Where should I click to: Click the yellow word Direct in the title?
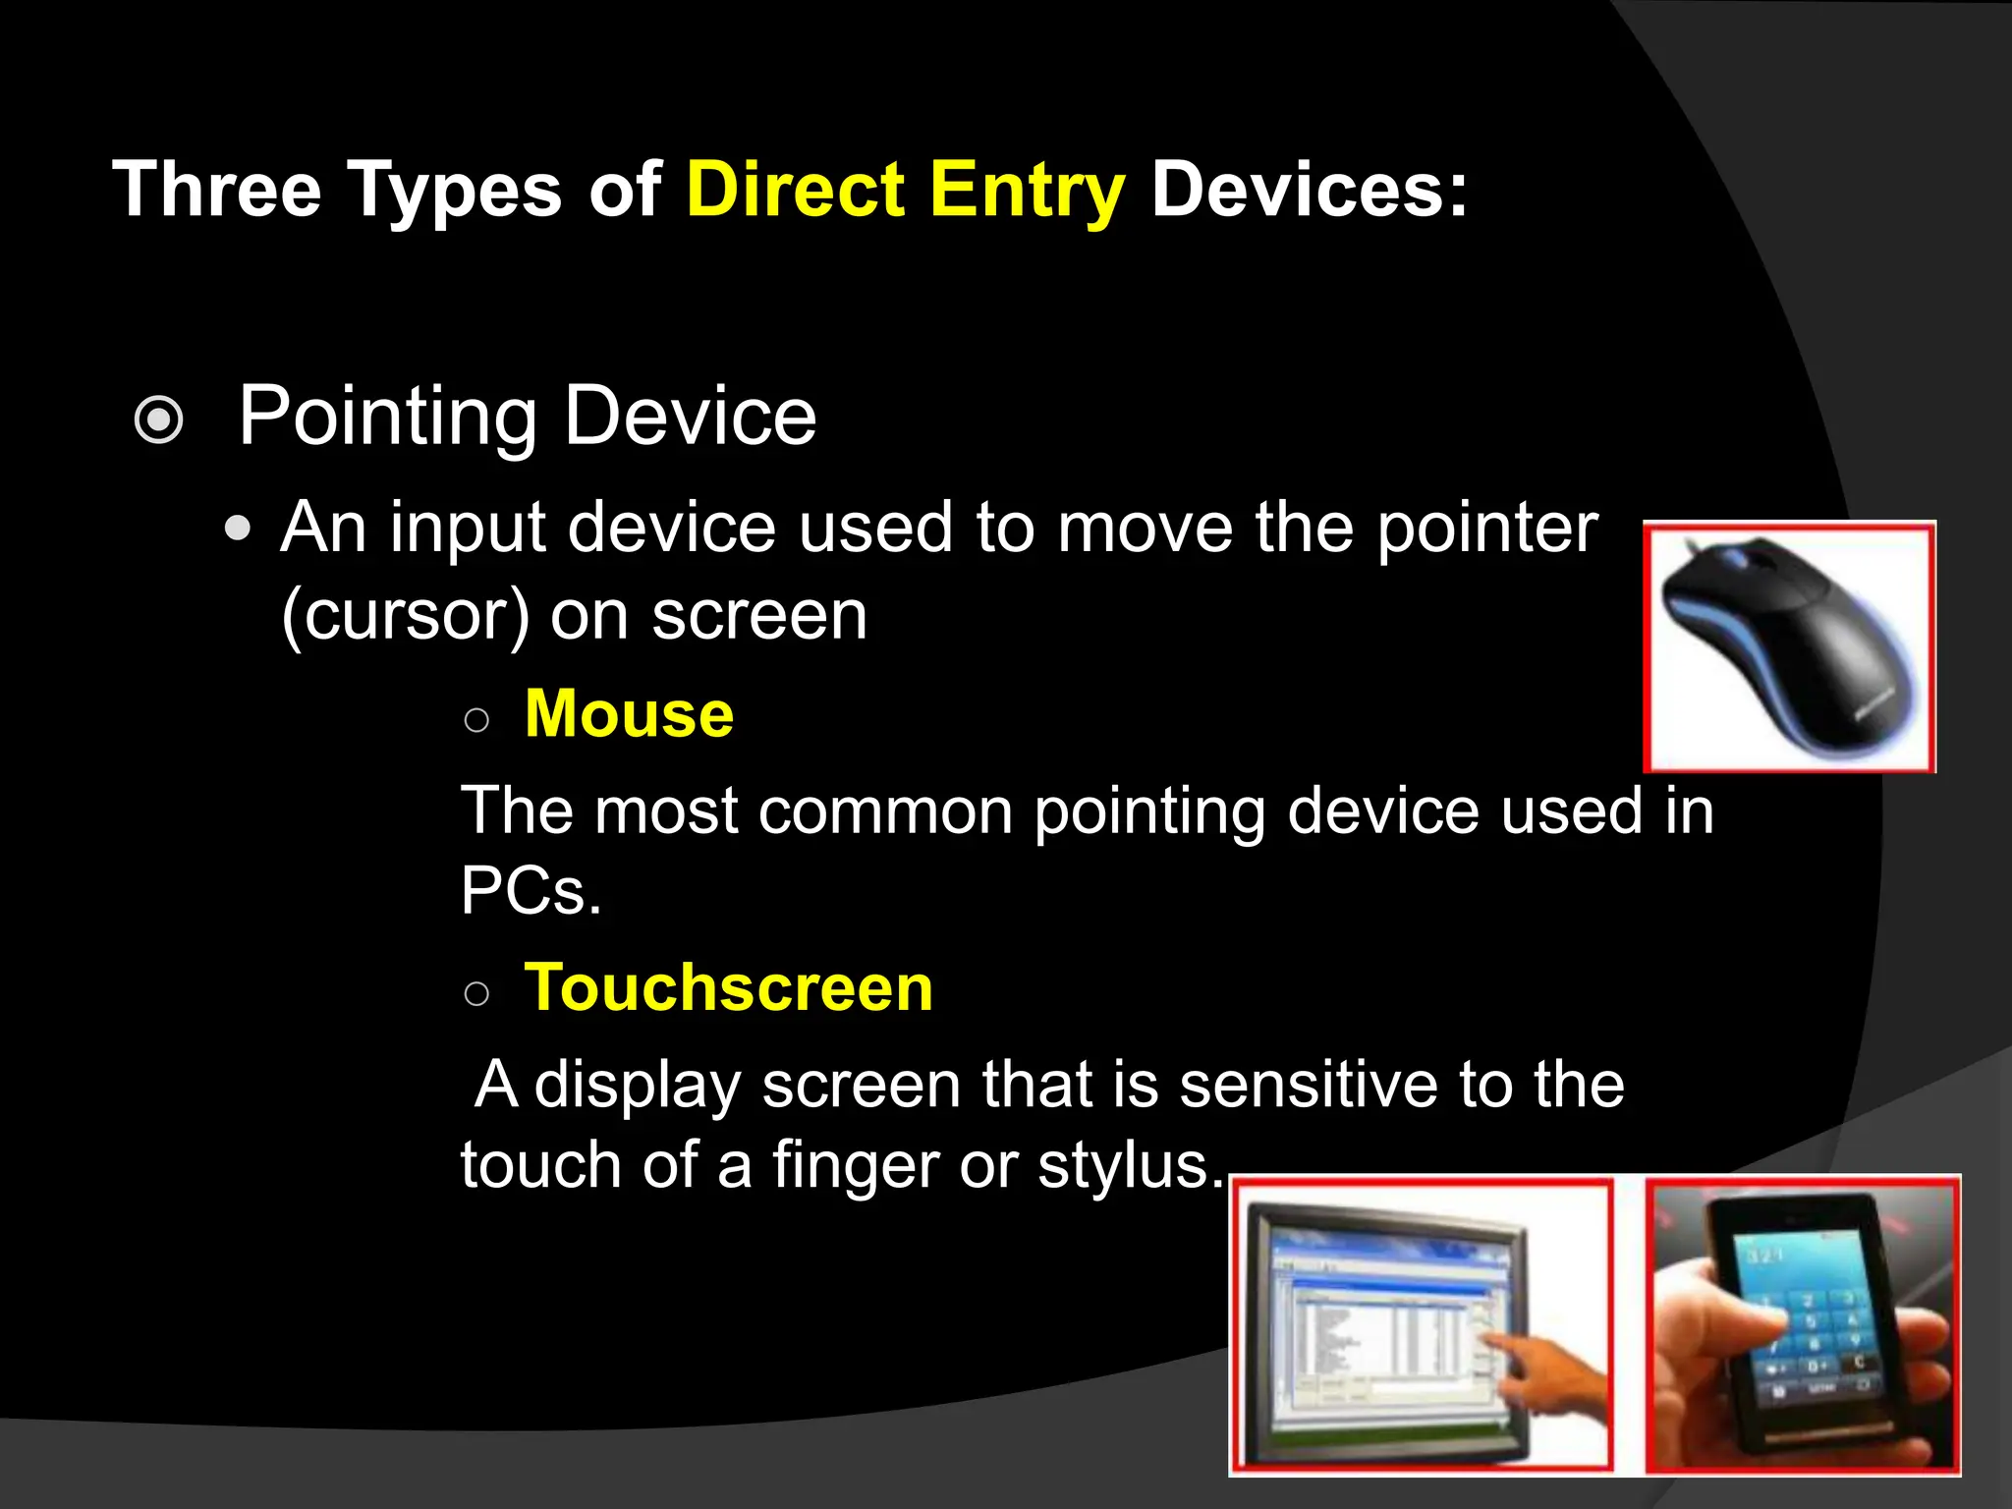[795, 190]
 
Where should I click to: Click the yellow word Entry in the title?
[1027, 190]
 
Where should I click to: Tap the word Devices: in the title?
[1310, 190]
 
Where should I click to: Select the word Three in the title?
[217, 190]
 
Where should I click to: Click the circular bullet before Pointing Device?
[159, 420]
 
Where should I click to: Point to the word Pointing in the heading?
[387, 418]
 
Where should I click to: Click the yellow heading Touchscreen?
[728, 987]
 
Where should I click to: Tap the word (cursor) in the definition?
[405, 617]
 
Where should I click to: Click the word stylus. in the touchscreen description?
[1131, 1166]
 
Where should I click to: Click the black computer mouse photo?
[1788, 648]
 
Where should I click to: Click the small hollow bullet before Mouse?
[476, 721]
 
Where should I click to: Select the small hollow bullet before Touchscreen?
[476, 994]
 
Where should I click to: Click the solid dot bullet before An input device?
[238, 530]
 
